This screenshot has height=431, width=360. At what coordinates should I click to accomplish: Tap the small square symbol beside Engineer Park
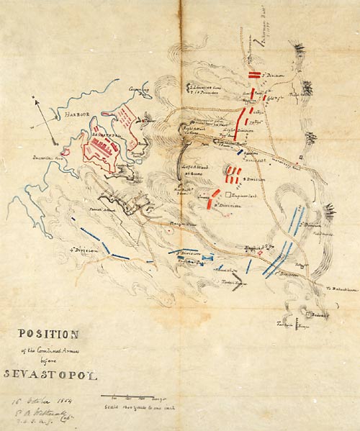(x=228, y=194)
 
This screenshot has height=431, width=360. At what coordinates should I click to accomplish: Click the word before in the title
(x=46, y=360)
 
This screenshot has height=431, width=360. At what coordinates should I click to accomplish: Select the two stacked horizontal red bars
(x=254, y=75)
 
